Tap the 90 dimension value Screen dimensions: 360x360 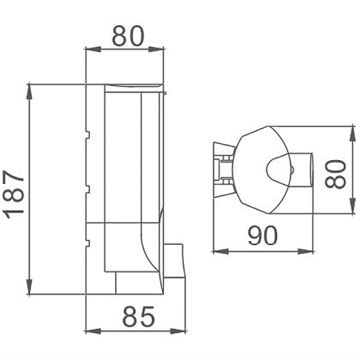(x=263, y=236)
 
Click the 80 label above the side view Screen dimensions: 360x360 (x=128, y=37)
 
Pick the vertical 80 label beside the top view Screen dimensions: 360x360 (x=337, y=173)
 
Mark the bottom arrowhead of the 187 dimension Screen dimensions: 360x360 (x=29, y=290)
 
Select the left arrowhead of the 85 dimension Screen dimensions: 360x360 (x=91, y=329)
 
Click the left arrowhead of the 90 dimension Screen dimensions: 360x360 (x=218, y=251)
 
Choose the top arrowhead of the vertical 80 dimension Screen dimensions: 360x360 (x=352, y=131)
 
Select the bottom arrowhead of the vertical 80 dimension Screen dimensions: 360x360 (x=352, y=210)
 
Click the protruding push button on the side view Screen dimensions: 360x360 (x=175, y=261)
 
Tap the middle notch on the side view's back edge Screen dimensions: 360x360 (x=87, y=189)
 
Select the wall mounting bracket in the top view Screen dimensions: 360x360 (x=223, y=167)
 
